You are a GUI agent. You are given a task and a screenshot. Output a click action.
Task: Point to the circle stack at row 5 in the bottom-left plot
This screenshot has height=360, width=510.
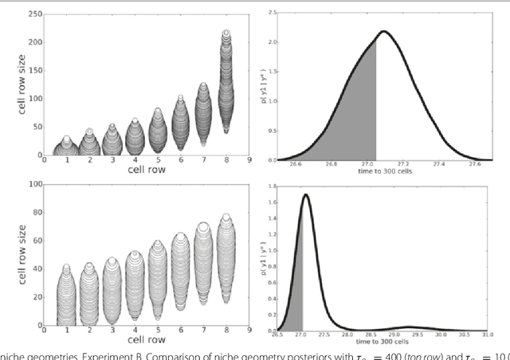click(x=157, y=279)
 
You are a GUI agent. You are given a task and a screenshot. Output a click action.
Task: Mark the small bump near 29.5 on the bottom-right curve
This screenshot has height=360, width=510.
click(x=410, y=327)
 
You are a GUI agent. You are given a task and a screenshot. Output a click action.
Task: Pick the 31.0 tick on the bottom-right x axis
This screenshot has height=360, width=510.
click(x=496, y=335)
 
